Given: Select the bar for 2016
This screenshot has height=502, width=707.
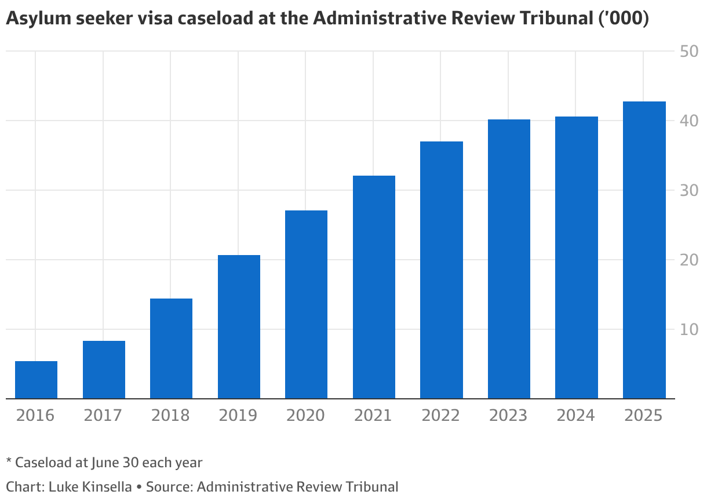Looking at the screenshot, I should [36, 380].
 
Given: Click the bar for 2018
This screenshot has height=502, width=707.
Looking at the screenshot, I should [171, 348].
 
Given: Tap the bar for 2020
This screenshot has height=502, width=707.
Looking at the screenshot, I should [306, 304].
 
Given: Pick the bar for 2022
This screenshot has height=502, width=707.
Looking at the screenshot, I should [442, 270].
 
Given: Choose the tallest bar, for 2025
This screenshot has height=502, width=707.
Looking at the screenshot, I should [644, 250].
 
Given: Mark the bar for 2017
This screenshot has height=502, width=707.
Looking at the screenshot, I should [104, 370].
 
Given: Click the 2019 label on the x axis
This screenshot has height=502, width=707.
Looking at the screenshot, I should [238, 416].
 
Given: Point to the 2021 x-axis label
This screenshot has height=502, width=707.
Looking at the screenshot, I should [374, 416].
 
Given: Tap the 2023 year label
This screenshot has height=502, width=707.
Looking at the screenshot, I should [509, 416].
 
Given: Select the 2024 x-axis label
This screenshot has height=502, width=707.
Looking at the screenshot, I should [576, 416].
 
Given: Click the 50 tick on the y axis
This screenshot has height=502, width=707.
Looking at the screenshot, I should [688, 52].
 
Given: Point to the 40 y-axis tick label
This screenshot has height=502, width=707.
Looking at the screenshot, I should [688, 121].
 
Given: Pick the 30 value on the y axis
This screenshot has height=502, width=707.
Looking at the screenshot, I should [688, 191].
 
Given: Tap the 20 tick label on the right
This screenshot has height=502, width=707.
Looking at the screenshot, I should [688, 260].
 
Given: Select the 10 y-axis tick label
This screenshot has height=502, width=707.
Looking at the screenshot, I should [688, 330].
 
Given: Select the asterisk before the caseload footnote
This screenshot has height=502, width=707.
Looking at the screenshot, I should [9, 461].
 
